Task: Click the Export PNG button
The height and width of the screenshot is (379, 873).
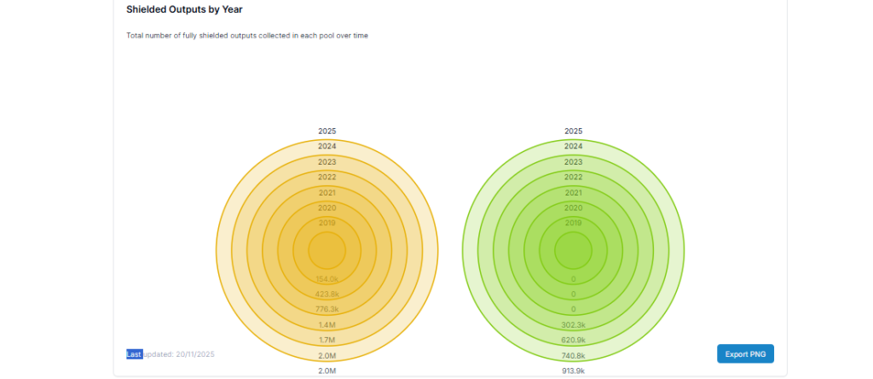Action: (x=745, y=353)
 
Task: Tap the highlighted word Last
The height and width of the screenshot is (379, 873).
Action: (x=134, y=353)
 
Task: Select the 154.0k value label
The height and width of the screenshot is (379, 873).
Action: (x=327, y=279)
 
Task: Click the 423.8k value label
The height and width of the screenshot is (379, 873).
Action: (x=327, y=294)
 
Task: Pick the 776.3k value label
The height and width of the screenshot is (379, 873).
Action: (x=327, y=309)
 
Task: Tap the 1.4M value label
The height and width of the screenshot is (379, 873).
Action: (x=327, y=324)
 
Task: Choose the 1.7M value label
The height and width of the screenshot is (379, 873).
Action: (x=327, y=340)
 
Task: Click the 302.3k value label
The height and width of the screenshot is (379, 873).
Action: (x=573, y=324)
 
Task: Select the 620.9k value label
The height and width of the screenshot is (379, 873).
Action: (x=573, y=340)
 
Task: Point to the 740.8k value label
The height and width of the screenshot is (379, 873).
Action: (x=573, y=355)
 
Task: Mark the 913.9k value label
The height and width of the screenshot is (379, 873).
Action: (x=573, y=370)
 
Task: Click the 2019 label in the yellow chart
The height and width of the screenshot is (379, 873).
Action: (x=327, y=223)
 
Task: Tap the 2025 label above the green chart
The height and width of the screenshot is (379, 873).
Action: (x=573, y=131)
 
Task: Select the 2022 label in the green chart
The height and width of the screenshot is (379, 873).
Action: (x=573, y=178)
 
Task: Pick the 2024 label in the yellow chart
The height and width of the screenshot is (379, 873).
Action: (x=327, y=147)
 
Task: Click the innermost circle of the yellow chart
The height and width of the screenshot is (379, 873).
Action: (x=327, y=252)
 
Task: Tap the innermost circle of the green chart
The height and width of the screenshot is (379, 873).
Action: (x=573, y=252)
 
